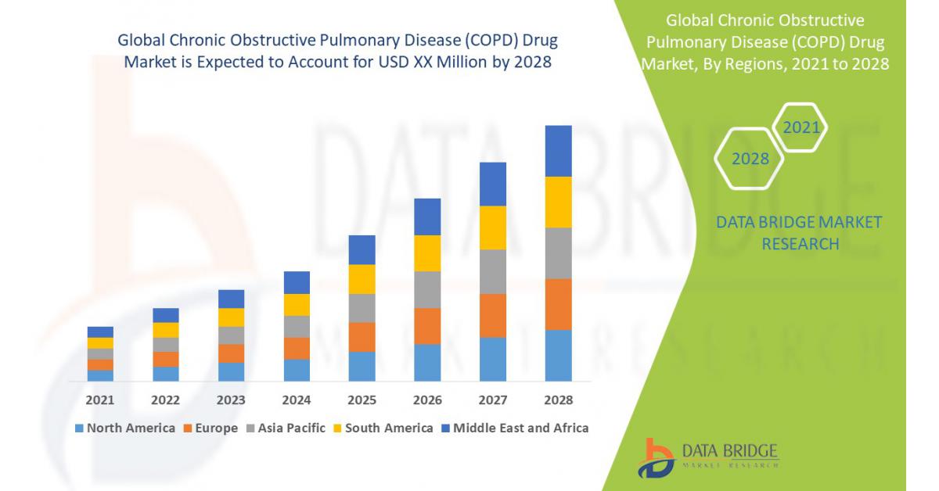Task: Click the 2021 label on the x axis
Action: (x=100, y=400)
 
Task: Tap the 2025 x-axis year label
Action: (x=362, y=400)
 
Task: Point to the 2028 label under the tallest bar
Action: (x=558, y=400)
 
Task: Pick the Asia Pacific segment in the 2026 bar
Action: (x=427, y=289)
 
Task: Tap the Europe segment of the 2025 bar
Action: (x=362, y=337)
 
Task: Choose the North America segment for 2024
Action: (x=297, y=370)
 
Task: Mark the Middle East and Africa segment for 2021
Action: (x=100, y=332)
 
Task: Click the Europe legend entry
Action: (x=211, y=428)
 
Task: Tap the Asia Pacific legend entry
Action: (x=286, y=428)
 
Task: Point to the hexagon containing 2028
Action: (x=750, y=159)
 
